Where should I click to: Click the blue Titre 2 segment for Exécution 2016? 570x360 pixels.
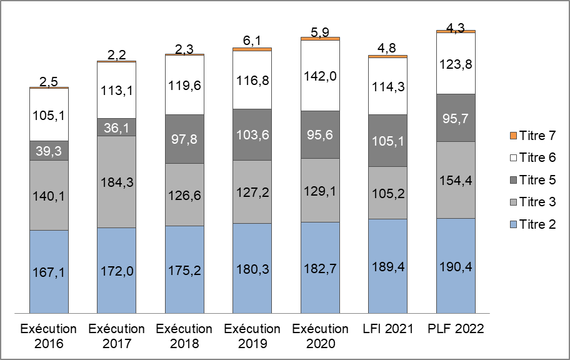click(x=49, y=271)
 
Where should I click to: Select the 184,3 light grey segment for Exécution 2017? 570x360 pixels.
click(x=116, y=182)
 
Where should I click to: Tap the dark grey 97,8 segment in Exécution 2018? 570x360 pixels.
click(x=184, y=139)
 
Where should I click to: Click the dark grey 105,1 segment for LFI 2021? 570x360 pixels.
click(x=387, y=141)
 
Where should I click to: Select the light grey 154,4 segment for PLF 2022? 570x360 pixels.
click(x=456, y=180)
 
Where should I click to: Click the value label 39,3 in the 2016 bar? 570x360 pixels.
click(x=49, y=150)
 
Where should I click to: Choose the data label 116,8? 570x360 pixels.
click(x=252, y=80)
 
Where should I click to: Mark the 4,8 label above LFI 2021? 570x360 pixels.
click(x=387, y=48)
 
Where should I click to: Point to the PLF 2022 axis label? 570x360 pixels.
click(x=456, y=329)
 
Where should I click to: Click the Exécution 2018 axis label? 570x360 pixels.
click(x=184, y=336)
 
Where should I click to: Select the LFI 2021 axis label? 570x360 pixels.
click(x=387, y=329)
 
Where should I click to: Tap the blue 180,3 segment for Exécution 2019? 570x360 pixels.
click(x=252, y=267)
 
